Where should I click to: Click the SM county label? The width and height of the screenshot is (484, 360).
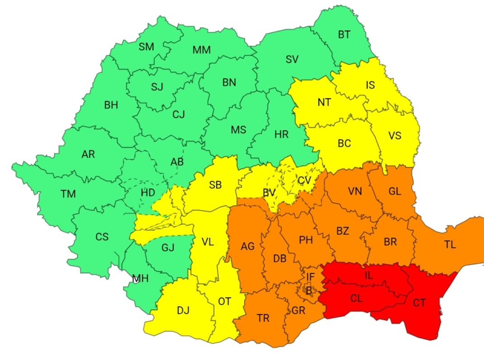(146, 47)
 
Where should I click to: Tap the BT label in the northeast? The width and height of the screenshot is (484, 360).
(344, 35)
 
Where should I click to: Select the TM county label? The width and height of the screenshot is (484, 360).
(68, 194)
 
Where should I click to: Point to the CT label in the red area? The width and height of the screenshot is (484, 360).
(419, 303)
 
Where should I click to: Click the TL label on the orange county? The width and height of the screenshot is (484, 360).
(450, 245)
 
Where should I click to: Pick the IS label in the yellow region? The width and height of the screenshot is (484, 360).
(370, 85)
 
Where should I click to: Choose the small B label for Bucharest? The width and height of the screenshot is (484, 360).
(309, 291)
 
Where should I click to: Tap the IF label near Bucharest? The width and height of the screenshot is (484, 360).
(310, 276)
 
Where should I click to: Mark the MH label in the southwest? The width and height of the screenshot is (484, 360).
(140, 279)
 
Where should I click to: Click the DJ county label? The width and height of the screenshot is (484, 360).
(183, 310)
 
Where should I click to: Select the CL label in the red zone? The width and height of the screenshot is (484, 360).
(357, 299)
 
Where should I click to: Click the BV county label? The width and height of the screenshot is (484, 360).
(269, 193)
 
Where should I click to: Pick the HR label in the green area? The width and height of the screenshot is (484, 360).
(282, 134)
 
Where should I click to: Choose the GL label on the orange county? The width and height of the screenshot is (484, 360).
(395, 191)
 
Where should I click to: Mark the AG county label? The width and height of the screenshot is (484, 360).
(247, 246)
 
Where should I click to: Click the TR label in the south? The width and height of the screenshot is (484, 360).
(263, 318)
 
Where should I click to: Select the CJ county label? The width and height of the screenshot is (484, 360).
(179, 115)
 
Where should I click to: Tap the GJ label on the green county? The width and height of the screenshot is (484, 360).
(167, 248)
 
